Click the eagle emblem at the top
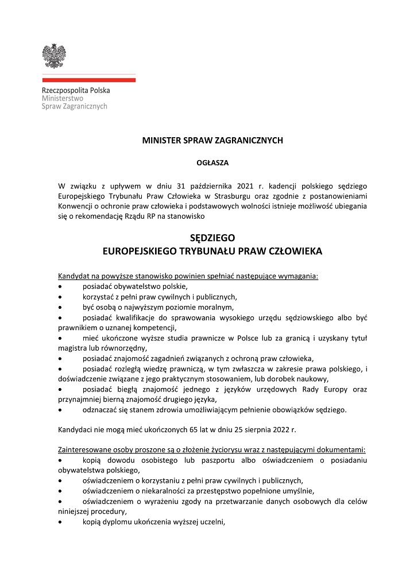[54, 56]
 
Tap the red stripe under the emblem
[88, 80]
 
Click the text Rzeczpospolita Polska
[76, 90]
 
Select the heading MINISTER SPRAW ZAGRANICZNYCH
[212, 140]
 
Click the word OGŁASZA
[212, 162]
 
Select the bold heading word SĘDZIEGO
[212, 238]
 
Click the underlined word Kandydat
[75, 276]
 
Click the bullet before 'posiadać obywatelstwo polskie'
[61, 286]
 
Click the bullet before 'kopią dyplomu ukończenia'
[61, 522]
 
